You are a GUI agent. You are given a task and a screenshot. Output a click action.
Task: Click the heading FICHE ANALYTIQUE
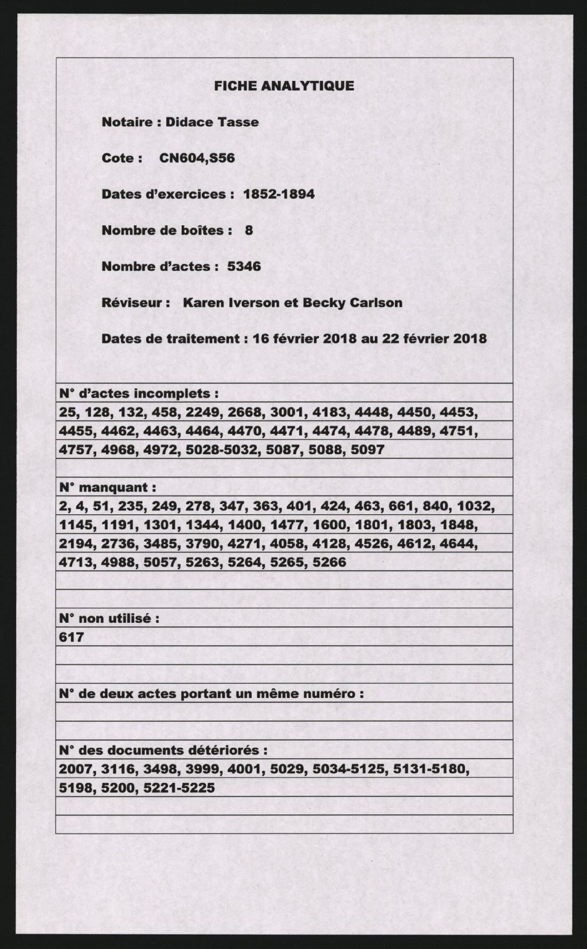[x=284, y=86]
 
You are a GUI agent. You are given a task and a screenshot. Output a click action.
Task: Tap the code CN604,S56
[x=197, y=158]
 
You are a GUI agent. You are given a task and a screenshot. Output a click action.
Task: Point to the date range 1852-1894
[x=279, y=194]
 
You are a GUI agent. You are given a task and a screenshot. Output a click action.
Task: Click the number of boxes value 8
[x=249, y=231]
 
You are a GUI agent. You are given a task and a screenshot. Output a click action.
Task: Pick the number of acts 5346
[x=244, y=267]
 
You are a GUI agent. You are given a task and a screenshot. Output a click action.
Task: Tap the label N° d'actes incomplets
[x=139, y=394]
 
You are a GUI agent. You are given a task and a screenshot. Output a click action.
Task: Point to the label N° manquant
[x=108, y=488]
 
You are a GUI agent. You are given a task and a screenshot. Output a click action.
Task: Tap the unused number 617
[x=72, y=637]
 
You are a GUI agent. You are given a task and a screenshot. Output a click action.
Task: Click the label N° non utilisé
[x=109, y=619]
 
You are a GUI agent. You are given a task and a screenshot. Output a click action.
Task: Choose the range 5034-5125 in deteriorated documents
[x=349, y=769]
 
